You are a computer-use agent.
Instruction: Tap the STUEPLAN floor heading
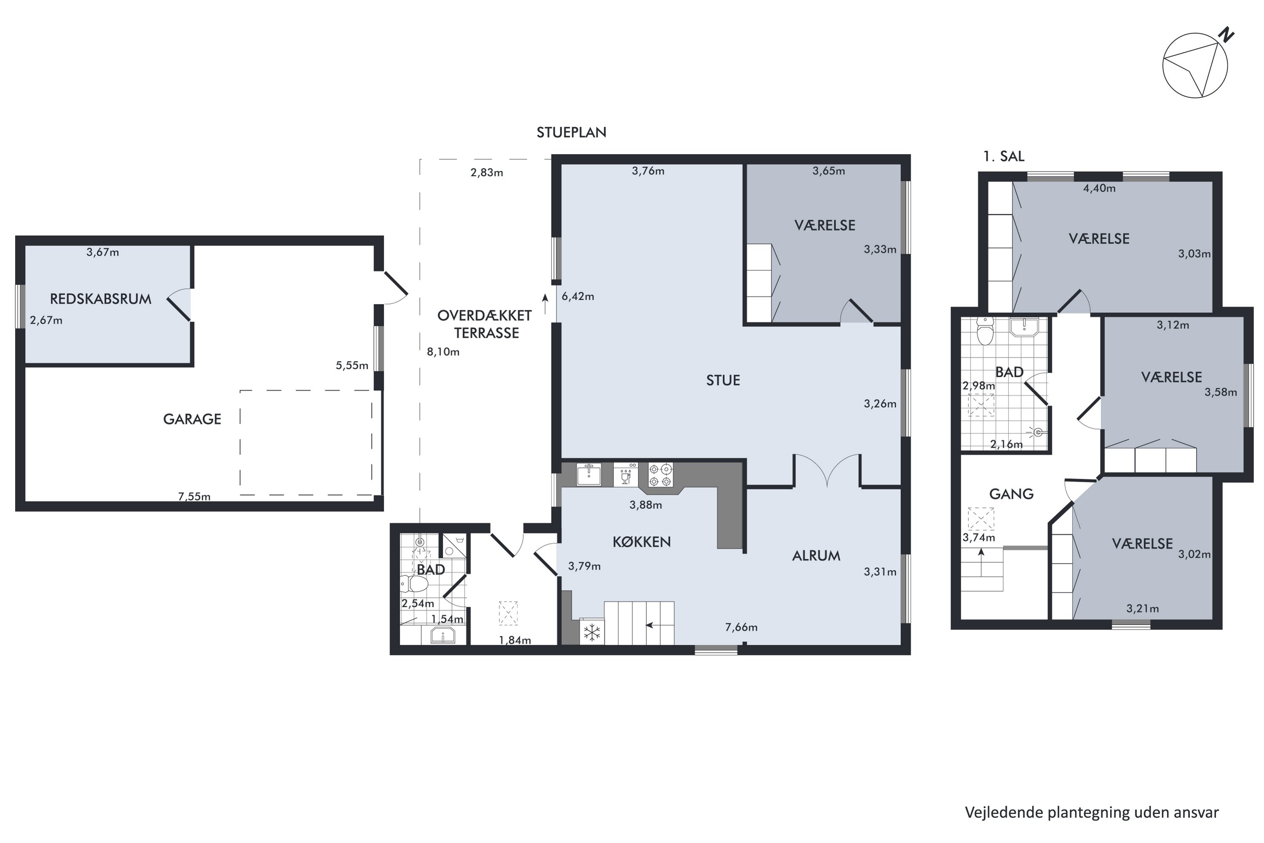click(571, 133)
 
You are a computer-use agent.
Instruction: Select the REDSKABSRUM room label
click(101, 299)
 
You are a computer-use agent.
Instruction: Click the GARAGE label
click(192, 419)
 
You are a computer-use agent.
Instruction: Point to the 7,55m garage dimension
click(194, 496)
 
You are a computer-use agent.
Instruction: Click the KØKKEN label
click(642, 542)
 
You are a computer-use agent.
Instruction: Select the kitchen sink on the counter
click(589, 475)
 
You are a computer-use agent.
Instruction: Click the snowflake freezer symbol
click(592, 632)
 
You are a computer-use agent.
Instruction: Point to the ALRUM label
click(816, 556)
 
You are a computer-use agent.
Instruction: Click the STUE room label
click(723, 381)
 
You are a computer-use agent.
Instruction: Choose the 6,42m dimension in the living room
click(578, 296)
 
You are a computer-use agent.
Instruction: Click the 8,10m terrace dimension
click(443, 352)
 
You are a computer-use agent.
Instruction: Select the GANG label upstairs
click(1012, 494)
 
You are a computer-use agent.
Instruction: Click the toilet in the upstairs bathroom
click(985, 330)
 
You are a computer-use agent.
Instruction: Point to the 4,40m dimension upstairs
click(1099, 188)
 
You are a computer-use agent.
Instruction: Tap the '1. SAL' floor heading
click(1003, 156)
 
